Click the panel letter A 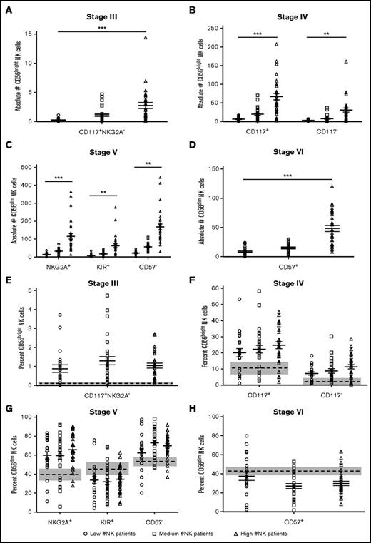coord(6,6)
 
